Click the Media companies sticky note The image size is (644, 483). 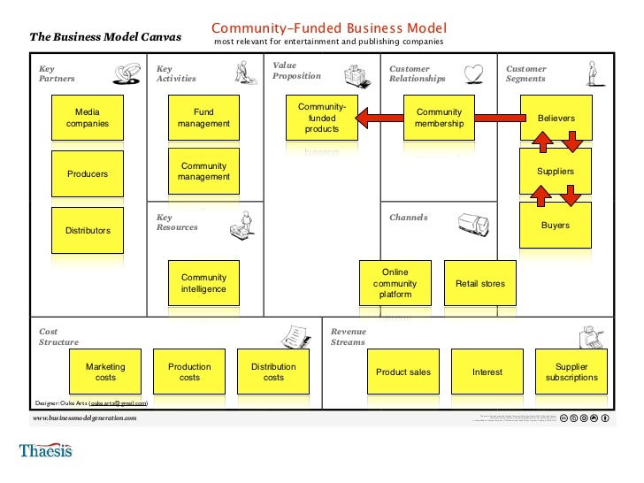(x=88, y=118)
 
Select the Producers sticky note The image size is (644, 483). (x=88, y=173)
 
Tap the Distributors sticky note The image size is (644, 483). (x=88, y=230)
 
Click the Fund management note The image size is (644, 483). (x=203, y=118)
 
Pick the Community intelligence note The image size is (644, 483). (x=203, y=283)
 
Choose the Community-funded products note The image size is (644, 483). (x=322, y=118)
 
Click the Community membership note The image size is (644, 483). (x=439, y=118)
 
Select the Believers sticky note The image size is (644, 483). (x=556, y=118)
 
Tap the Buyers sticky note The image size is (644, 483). (x=556, y=225)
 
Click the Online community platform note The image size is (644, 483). (x=395, y=283)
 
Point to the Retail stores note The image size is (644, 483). (x=479, y=283)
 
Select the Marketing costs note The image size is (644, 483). (x=105, y=372)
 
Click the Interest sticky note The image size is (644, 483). (x=487, y=372)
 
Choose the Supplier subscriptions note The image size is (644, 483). (x=571, y=372)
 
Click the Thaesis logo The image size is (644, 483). (x=45, y=451)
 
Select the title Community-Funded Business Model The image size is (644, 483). (x=328, y=28)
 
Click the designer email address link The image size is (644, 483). (x=118, y=402)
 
